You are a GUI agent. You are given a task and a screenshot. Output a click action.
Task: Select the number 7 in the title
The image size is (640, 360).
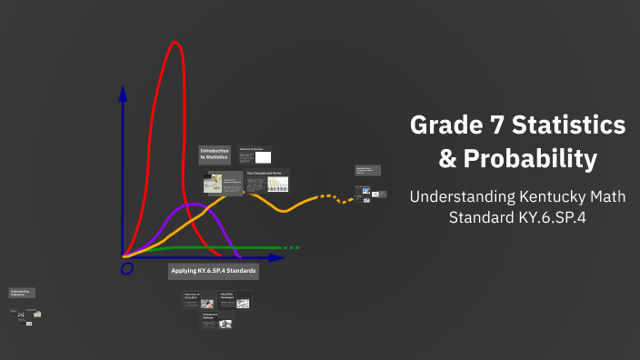click(496, 125)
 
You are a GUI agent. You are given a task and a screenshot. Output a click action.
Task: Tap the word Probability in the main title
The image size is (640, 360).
click(531, 159)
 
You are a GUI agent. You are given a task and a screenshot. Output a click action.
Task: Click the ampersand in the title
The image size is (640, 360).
click(447, 159)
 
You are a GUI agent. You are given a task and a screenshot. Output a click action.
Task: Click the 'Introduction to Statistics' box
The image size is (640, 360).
click(215, 155)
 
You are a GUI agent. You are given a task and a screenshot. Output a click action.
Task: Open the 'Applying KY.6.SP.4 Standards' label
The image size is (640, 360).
click(214, 271)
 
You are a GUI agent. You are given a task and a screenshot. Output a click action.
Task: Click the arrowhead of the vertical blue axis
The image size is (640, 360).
click(123, 93)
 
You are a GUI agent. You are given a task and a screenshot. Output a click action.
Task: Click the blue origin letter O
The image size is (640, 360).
click(126, 269)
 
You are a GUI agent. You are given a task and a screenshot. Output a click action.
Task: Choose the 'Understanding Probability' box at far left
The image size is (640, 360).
click(22, 293)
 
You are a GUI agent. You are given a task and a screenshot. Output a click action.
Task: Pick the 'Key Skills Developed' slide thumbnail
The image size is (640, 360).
click(235, 299)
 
